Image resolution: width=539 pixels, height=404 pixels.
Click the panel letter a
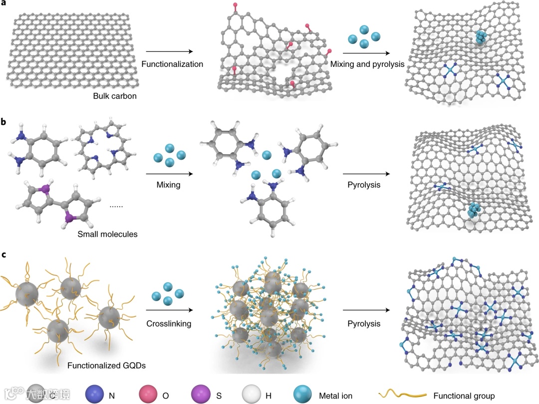point(4,4)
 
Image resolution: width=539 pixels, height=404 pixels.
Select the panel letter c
point(4,255)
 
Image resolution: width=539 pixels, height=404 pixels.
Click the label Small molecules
point(107,233)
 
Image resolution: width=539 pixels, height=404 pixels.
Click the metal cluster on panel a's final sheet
point(480,37)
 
